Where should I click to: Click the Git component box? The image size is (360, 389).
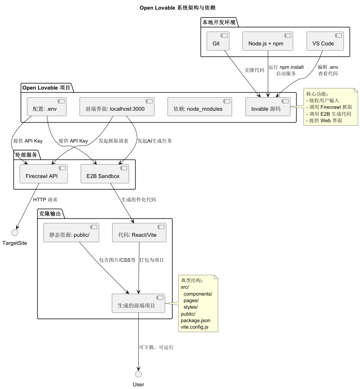point(218,41)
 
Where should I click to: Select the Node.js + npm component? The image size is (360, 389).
point(268,41)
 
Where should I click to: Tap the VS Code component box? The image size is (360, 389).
point(325,41)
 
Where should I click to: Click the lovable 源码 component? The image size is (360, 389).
point(268,107)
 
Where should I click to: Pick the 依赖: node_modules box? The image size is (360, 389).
point(199,107)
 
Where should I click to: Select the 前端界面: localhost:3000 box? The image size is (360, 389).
point(117,107)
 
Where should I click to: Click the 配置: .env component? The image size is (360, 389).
point(46,107)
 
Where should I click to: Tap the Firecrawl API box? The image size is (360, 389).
point(43,174)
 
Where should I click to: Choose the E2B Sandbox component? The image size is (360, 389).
point(105,174)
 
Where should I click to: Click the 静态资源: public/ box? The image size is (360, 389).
point(71,233)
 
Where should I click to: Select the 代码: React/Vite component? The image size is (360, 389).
point(139,233)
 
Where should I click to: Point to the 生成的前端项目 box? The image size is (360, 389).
point(138,303)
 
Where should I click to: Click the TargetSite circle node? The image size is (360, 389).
point(15,233)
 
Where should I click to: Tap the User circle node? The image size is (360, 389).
point(138,374)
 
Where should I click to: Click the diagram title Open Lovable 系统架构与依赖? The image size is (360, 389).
point(178,8)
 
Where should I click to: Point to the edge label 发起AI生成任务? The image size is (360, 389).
point(154,141)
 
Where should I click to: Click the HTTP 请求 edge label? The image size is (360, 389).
point(45,200)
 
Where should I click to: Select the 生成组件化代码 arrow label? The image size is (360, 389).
point(139,200)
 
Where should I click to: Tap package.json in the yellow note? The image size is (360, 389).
point(196,320)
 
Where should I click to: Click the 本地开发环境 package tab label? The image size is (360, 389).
point(219,22)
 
